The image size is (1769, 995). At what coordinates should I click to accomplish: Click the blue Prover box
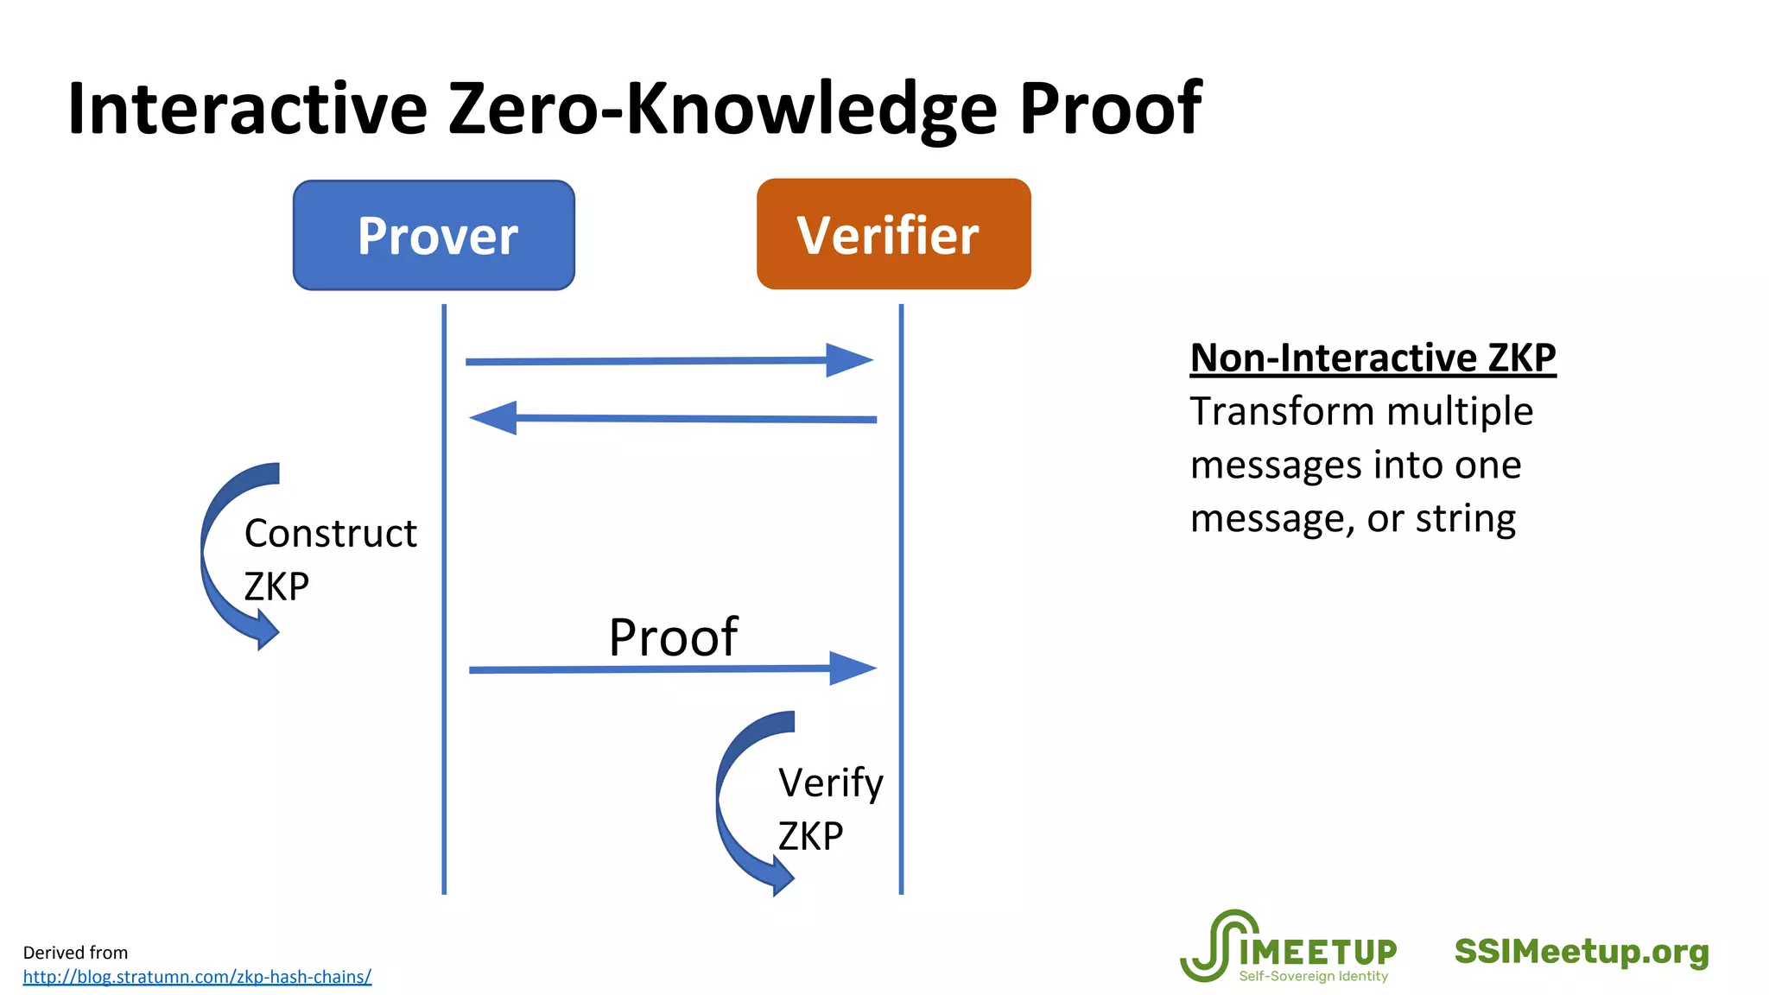pos(434,235)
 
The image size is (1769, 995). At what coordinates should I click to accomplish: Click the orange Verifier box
pos(893,234)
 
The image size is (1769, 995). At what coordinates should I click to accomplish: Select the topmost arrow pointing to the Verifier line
pos(669,361)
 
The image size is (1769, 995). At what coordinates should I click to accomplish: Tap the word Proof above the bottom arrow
pos(673,637)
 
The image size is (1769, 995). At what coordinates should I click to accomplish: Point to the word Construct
pos(330,533)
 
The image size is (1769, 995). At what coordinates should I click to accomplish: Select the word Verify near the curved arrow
pos(830,783)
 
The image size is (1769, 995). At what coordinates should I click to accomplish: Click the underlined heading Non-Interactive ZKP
pos(1373,358)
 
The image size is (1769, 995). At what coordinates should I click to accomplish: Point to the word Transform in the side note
pos(1262,411)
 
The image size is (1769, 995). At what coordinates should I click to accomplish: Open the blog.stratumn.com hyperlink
pos(197,977)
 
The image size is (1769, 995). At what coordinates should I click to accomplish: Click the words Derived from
pos(75,953)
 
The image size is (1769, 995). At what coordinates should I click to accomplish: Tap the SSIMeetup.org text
pos(1581,952)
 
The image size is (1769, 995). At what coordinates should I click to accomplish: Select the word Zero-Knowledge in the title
pos(722,109)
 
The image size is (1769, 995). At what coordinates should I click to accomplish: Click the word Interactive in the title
pos(247,109)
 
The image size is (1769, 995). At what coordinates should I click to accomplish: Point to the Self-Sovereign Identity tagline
pos(1313,976)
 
